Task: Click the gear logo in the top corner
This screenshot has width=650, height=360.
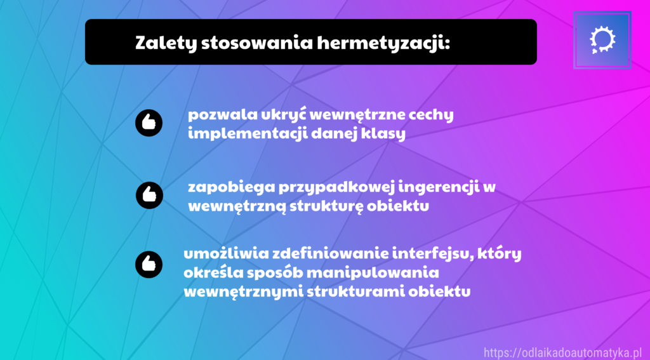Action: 602,40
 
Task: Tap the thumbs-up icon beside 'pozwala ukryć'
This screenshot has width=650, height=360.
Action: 149,123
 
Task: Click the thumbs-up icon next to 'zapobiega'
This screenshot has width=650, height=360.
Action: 149,195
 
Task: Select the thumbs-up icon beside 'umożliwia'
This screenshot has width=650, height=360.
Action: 149,264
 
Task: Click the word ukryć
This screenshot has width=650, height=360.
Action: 284,114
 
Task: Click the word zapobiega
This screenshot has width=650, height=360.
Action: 231,187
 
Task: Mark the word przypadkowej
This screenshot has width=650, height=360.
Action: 336,187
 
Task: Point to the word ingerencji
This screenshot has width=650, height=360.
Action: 439,187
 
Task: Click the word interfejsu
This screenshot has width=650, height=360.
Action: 433,253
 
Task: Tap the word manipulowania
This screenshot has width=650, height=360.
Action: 372,273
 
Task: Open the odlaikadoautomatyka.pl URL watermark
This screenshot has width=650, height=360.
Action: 562,353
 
